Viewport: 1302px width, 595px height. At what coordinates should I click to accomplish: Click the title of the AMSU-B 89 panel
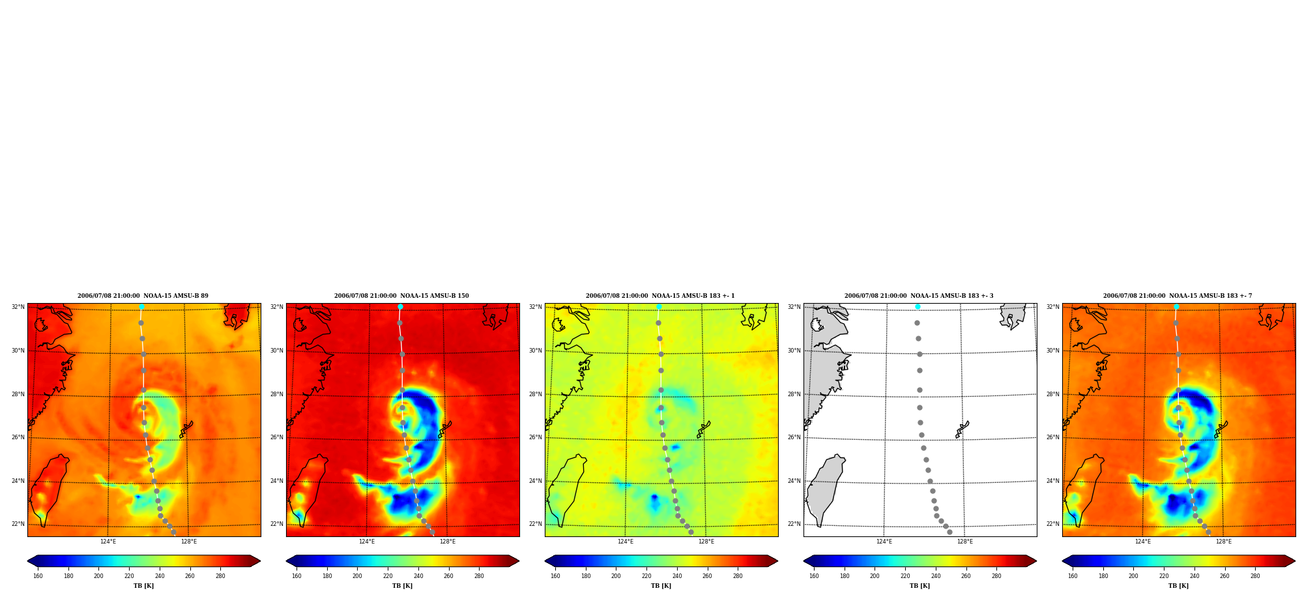[143, 296]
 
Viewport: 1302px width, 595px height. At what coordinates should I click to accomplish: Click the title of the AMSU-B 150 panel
[401, 296]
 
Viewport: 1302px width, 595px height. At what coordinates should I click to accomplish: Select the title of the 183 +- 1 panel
[660, 296]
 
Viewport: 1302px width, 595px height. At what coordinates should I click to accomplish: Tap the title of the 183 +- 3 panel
[919, 296]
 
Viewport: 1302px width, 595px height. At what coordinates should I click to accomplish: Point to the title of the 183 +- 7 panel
[1178, 296]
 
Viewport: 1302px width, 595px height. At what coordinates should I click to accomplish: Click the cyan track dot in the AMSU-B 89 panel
[141, 306]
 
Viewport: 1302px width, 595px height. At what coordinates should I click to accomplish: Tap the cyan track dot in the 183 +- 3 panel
[918, 306]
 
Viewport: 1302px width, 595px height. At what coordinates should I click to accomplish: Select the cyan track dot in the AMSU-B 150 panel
[400, 306]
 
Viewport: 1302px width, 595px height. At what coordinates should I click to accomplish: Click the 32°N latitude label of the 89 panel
[18, 307]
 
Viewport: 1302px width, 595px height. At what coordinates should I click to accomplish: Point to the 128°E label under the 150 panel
[448, 542]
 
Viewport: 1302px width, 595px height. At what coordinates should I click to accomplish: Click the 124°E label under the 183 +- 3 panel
[884, 542]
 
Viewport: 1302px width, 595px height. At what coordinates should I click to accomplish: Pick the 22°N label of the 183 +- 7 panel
[1052, 524]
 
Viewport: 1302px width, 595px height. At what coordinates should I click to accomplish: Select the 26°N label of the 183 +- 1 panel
[535, 437]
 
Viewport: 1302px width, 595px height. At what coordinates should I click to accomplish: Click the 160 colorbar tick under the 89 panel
[38, 575]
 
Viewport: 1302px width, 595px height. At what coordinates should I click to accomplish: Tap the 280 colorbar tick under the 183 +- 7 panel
[1255, 575]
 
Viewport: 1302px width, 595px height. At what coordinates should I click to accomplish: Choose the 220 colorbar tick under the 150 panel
[388, 575]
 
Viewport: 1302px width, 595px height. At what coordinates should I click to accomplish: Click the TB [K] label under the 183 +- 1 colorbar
[661, 585]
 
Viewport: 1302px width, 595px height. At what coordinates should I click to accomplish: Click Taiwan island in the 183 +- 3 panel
[824, 489]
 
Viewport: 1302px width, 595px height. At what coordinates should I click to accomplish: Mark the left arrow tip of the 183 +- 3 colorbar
[803, 560]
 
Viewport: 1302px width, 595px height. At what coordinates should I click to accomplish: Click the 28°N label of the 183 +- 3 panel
[794, 394]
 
